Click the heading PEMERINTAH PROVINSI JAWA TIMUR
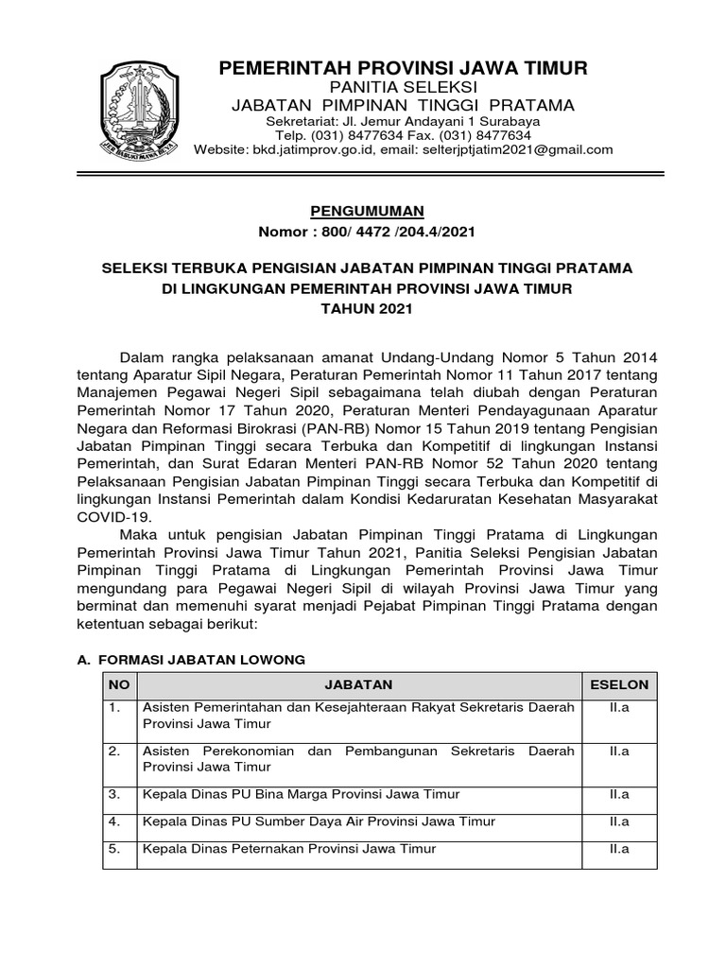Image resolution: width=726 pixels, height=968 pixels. coord(404,68)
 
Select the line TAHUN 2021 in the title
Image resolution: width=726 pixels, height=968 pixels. coord(367,308)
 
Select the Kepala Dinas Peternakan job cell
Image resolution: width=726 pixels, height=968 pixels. coord(289,850)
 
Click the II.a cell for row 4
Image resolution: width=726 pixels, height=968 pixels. coord(619,821)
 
